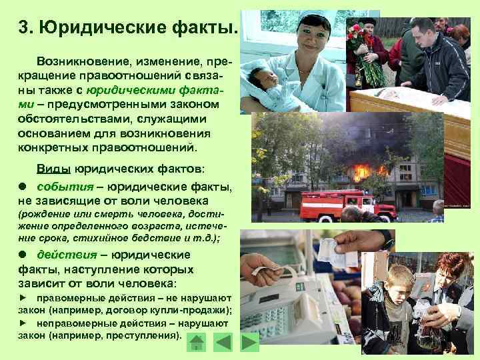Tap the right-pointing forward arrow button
pos(249,343)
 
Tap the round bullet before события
pos(23,187)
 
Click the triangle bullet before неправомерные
pos(23,323)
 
